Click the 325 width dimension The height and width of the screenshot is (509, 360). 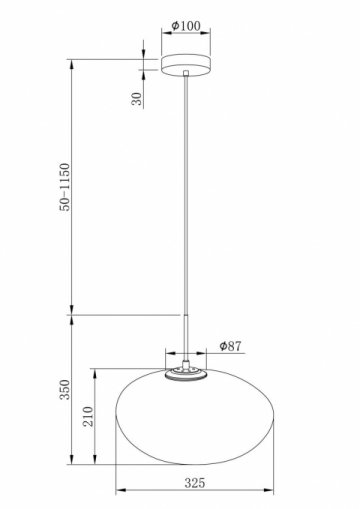pyautogui.click(x=193, y=483)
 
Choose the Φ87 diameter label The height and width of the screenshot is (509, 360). pyautogui.click(x=230, y=346)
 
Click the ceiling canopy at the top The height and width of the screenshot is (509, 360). pyautogui.click(x=187, y=65)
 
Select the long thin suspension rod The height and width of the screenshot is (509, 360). pyautogui.click(x=187, y=200)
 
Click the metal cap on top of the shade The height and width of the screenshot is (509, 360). pyautogui.click(x=187, y=373)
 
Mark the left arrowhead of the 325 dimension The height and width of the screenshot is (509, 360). pyautogui.click(x=121, y=492)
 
